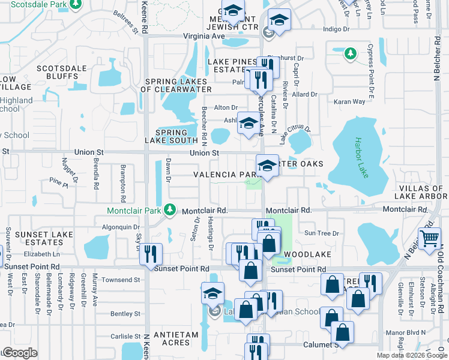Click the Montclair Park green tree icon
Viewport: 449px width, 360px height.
[x=171, y=211]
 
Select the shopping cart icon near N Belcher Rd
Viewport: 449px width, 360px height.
[x=430, y=238]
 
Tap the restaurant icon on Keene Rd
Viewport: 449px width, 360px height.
[x=151, y=254]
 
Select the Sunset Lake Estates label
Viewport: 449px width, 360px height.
[x=36, y=238]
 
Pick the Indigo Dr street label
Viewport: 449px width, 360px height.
[x=336, y=29]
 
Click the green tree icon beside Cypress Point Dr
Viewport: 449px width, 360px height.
[x=351, y=55]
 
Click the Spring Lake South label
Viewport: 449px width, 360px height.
[x=171, y=136]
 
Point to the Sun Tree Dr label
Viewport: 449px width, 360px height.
[x=322, y=233]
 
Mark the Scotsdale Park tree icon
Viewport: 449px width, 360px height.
[x=75, y=5]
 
